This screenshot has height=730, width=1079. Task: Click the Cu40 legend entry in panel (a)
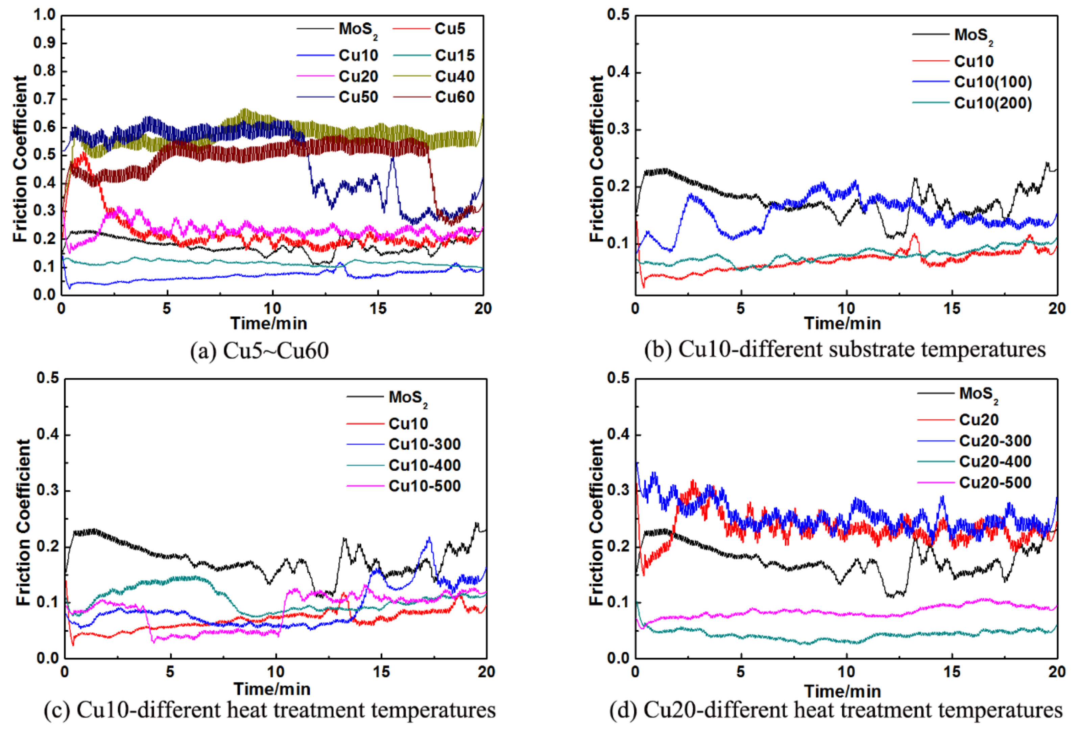(x=455, y=76)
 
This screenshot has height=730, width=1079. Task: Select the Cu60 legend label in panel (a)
(x=455, y=97)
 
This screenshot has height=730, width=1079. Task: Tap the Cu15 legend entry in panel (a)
(x=455, y=55)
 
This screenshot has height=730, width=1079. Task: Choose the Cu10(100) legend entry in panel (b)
(x=993, y=82)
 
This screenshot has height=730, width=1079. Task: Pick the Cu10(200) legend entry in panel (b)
(x=993, y=103)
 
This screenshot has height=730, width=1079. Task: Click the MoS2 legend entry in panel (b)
(x=973, y=35)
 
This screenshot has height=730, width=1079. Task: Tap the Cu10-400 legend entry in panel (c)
(x=424, y=465)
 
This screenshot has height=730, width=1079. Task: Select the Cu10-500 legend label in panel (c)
(x=424, y=486)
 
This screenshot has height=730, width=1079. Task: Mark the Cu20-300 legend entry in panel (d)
(x=995, y=440)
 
